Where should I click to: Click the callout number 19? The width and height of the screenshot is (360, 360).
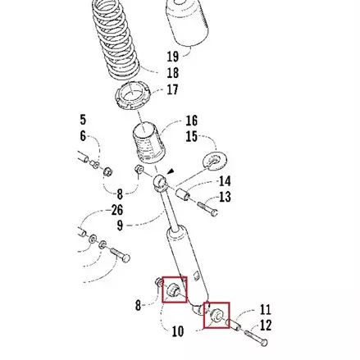pos(173,57)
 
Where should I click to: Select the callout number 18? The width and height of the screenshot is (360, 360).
pos(173,73)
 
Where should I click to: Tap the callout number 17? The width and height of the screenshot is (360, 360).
pos(172,89)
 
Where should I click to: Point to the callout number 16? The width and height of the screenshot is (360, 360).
pos(192,121)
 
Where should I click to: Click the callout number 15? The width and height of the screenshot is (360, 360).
pos(192,136)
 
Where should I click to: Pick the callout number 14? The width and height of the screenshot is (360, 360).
pos(225,181)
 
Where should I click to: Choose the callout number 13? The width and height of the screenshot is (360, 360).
pos(225,197)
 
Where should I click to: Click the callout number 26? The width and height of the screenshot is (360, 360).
pos(117,210)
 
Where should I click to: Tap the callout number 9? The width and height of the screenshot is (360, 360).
pos(120,226)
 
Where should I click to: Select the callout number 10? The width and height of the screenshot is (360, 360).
pos(178,331)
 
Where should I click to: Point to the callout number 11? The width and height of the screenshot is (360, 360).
pos(265,310)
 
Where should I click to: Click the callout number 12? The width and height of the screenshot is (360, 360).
pos(265,326)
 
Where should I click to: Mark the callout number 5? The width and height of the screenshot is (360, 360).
pos(83,120)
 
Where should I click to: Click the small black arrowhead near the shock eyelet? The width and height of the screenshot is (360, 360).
pos(171,171)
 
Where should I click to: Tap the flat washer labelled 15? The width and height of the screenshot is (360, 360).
pos(216,162)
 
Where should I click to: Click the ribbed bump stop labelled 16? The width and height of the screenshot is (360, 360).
pos(149,143)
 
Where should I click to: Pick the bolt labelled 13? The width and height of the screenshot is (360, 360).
pos(207,209)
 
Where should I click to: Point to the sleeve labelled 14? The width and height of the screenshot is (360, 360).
pos(183,194)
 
